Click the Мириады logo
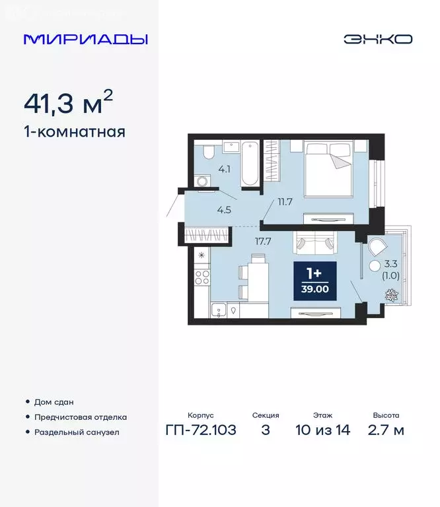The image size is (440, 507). click(85, 39)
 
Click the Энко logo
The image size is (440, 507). click(377, 39)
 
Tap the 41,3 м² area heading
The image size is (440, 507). click(68, 103)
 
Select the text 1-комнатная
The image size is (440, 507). click(74, 132)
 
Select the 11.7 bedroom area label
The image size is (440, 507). click(285, 201)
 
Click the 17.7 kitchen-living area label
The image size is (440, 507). click(263, 241)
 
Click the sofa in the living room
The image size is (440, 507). click(314, 243)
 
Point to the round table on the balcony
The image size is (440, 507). click(375, 267)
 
